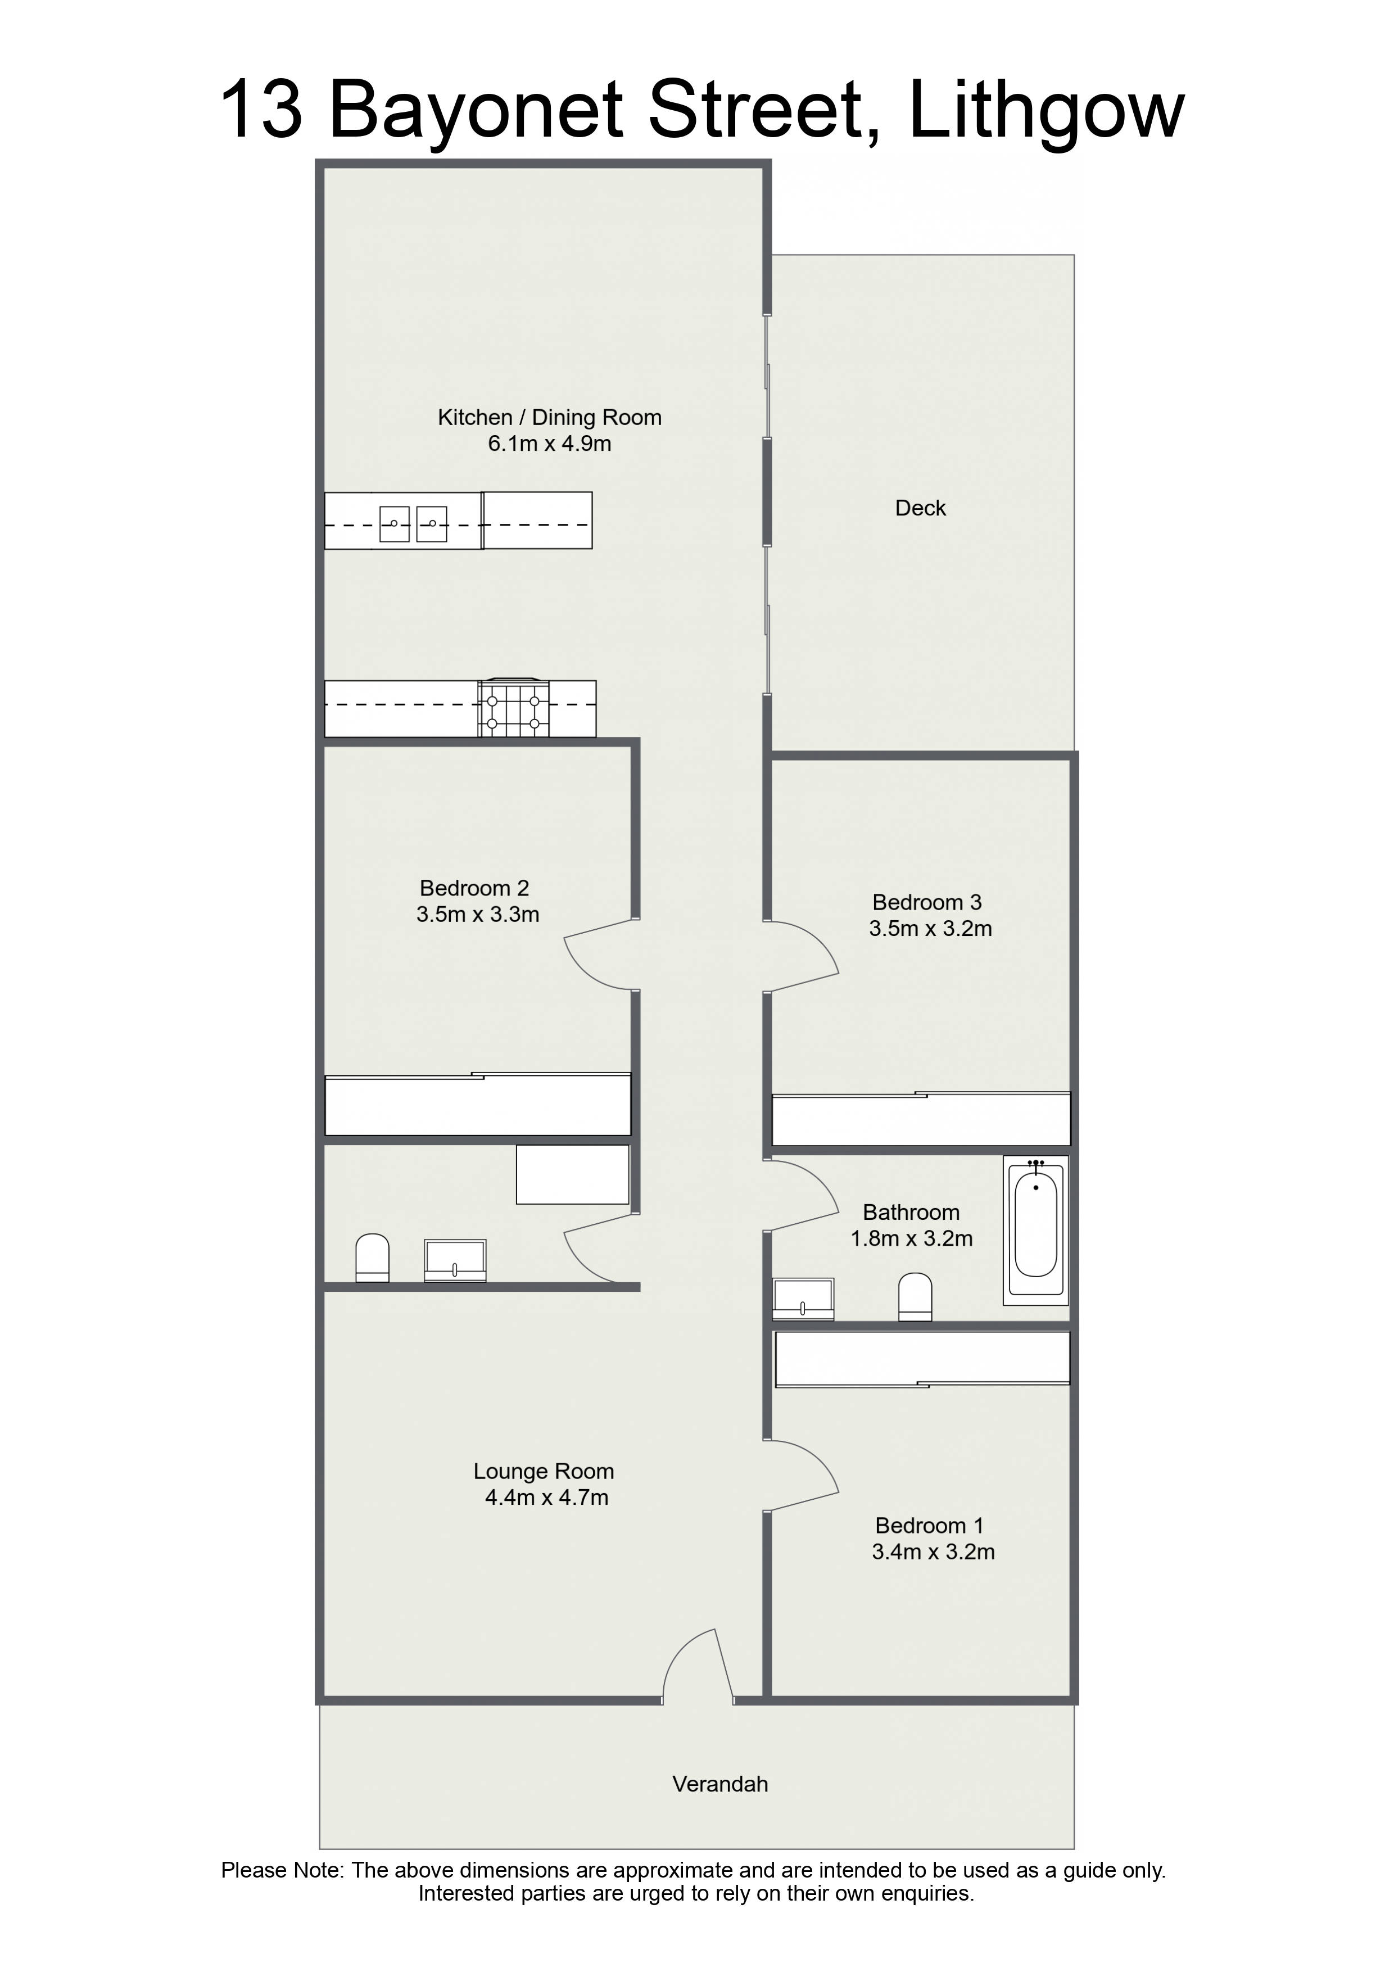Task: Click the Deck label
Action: [920, 509]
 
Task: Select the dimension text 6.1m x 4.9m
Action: [550, 444]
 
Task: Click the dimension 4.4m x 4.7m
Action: [546, 1498]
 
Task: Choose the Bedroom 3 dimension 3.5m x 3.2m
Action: [930, 929]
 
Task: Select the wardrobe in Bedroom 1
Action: [922, 1359]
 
